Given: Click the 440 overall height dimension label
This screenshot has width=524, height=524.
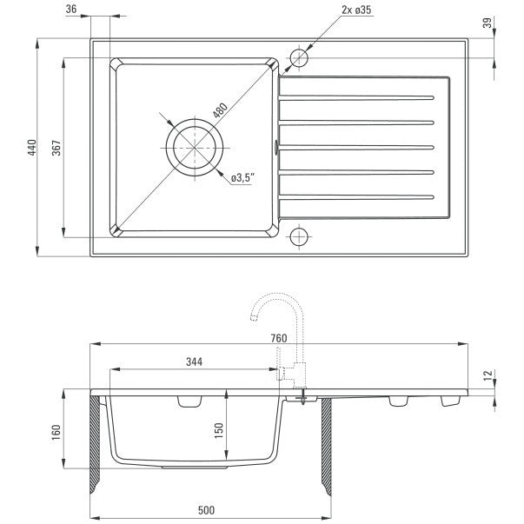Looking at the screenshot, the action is (x=32, y=148).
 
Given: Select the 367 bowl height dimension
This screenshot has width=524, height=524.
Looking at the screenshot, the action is (x=56, y=148).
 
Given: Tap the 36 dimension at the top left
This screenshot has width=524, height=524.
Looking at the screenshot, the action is (x=71, y=9).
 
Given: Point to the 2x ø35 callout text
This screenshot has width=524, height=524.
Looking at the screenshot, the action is (x=356, y=10).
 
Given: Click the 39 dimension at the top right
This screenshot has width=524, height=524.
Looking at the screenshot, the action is (x=488, y=23).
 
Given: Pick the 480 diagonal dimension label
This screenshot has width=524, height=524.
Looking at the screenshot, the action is (x=220, y=110).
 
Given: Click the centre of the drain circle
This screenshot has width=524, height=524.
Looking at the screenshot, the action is (x=195, y=148).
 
